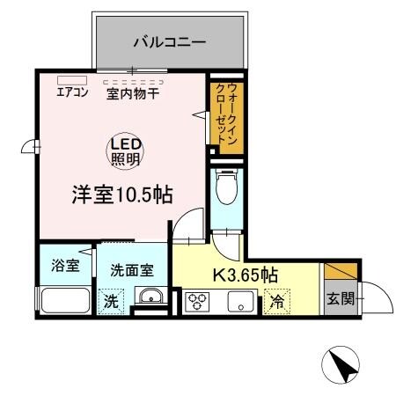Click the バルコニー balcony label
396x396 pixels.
[x=170, y=40]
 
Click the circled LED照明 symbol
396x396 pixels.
[x=126, y=150]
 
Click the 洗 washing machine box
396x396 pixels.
[x=112, y=299]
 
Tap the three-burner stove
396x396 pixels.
[x=195, y=302]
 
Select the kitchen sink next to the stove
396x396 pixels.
[x=240, y=302]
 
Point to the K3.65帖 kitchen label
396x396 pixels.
[x=246, y=273]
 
